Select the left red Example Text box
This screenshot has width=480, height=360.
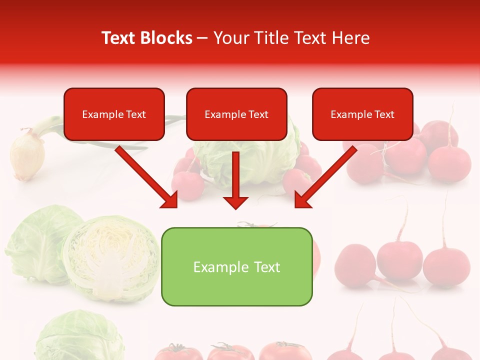(x=114, y=114)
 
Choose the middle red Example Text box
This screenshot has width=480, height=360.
(x=236, y=114)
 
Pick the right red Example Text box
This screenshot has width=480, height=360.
(x=362, y=114)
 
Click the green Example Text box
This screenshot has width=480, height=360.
(x=236, y=266)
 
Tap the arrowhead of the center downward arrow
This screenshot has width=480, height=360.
(x=235, y=202)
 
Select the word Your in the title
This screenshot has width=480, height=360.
(x=231, y=38)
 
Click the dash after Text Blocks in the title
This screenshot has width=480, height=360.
(x=202, y=38)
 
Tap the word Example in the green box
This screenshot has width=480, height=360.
(x=220, y=267)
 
